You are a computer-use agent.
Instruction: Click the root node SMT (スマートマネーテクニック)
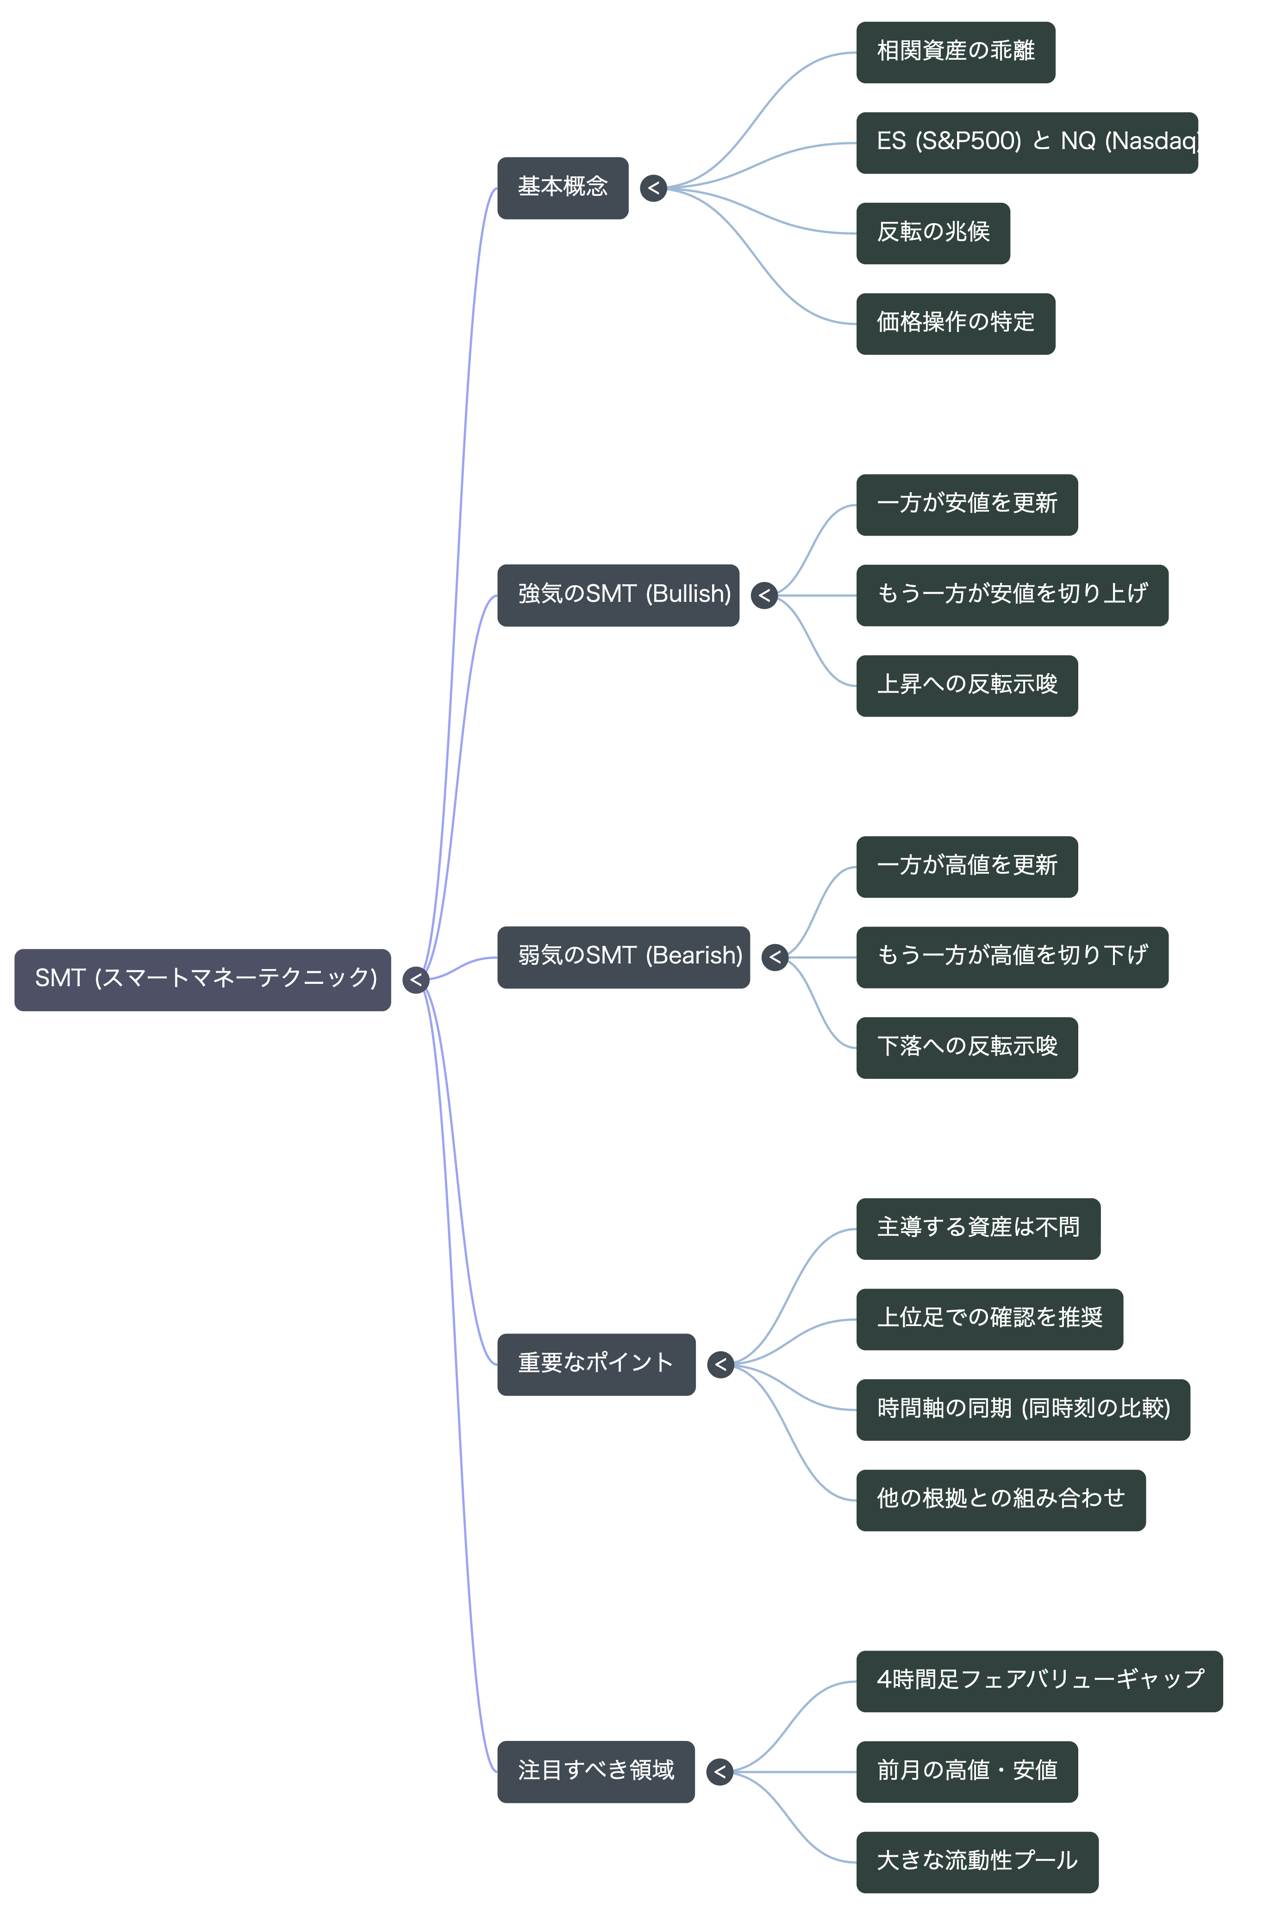(203, 979)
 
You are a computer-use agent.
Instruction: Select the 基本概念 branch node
(563, 188)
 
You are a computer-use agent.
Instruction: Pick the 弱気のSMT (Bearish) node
(623, 957)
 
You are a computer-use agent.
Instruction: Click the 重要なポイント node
(596, 1364)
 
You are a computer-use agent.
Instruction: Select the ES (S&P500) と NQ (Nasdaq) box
(1027, 143)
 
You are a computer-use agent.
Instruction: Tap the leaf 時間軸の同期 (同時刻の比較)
(1023, 1409)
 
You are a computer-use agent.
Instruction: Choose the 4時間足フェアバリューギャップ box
(1039, 1681)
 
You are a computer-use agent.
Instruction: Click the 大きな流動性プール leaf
(977, 1862)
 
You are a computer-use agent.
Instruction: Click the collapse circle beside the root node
(416, 979)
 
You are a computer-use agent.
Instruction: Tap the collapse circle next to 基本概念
(653, 188)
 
